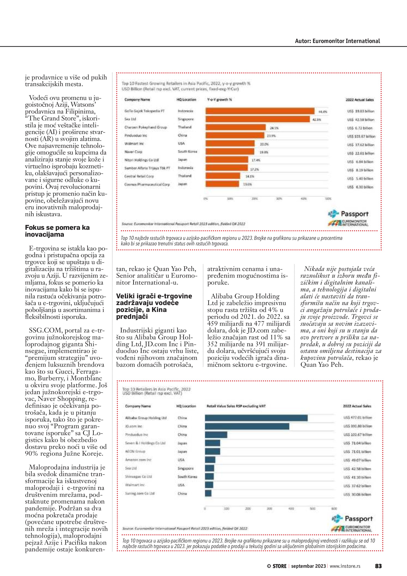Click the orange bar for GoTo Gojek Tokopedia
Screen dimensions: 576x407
[x=260, y=111]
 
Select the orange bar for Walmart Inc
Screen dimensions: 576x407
[x=230, y=143]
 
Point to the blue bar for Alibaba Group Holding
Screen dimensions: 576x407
[x=256, y=418]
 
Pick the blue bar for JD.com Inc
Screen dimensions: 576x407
[x=247, y=426]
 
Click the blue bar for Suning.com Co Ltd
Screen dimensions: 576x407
[x=208, y=493]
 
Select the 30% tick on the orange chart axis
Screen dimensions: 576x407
[x=279, y=199]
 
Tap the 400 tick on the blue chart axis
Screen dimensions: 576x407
[x=291, y=509]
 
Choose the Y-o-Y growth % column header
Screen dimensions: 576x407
[x=219, y=100]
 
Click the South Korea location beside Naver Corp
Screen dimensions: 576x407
[x=187, y=152]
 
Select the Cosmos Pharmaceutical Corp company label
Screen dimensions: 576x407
[x=147, y=184]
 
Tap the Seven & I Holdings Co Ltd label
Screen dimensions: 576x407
[x=145, y=443]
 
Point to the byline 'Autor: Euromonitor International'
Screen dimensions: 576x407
[x=337, y=41]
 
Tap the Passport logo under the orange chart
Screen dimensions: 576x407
[x=348, y=214]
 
